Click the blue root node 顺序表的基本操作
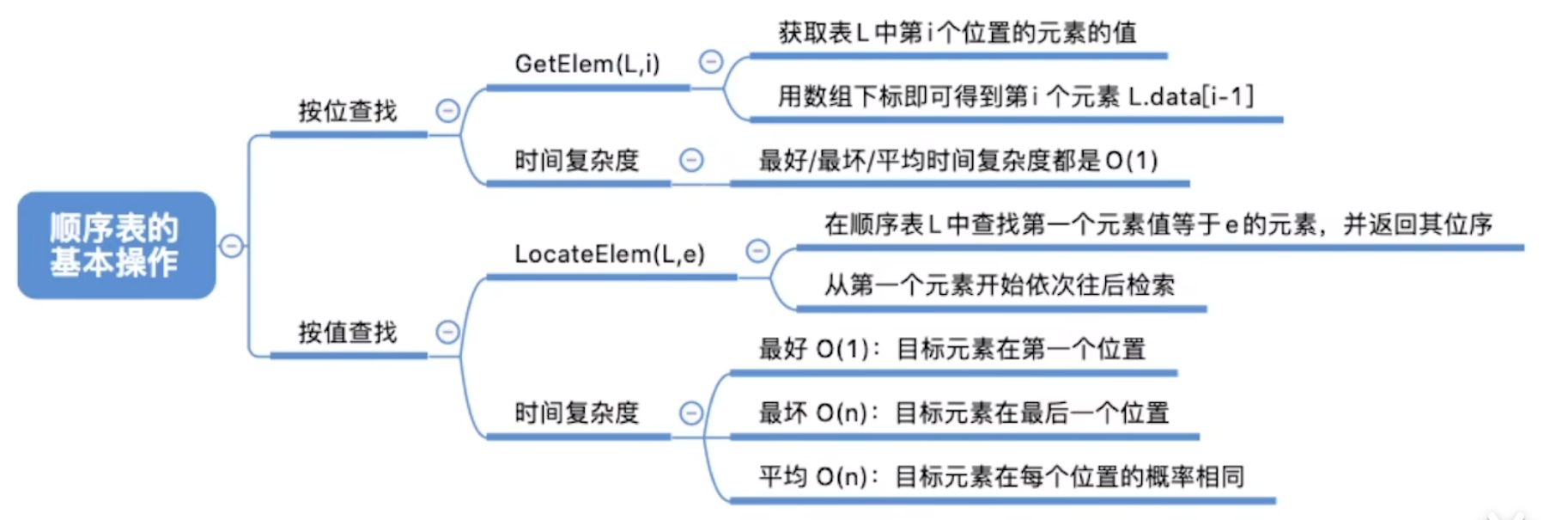[116, 245]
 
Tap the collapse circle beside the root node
[232, 246]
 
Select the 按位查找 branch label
[347, 112]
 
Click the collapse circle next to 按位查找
[447, 111]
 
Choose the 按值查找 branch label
[347, 333]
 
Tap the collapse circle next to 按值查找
[447, 332]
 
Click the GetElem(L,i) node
[587, 64]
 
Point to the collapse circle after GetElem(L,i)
[711, 62]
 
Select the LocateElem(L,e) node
[609, 254]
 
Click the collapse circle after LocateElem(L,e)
[757, 251]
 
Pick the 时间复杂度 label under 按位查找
[576, 161]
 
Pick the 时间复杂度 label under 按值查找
[576, 413]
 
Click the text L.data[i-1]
[1190, 96]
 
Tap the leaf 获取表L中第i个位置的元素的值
[957, 34]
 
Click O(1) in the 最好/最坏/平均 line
[1131, 161]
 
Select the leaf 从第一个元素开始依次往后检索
[999, 285]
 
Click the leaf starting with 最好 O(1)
[951, 350]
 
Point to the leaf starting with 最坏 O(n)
[963, 413]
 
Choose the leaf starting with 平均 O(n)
[1000, 477]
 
